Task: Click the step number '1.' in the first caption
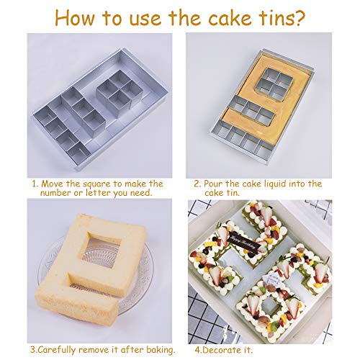[x=33, y=184]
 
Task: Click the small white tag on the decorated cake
[x=254, y=295]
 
